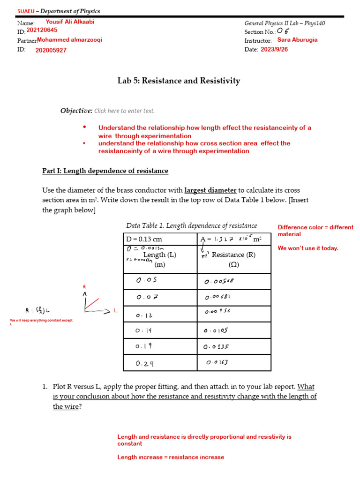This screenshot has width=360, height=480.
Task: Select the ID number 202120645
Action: point(42,30)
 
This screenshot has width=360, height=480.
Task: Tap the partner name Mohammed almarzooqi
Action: point(69,40)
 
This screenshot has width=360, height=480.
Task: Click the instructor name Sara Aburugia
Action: point(297,40)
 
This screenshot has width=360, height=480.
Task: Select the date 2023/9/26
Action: point(274,50)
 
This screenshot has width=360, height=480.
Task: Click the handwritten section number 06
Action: point(283,31)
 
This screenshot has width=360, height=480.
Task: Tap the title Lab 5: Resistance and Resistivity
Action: point(179,81)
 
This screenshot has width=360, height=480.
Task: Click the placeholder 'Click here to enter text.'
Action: point(124,111)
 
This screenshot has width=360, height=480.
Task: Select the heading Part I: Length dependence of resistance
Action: point(105,171)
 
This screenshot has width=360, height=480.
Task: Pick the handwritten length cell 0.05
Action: point(146,281)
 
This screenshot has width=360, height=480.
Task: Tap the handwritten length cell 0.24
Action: point(145,363)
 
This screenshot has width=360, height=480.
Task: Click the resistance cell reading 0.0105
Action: point(216,330)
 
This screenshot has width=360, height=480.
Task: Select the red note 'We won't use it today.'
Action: point(307,248)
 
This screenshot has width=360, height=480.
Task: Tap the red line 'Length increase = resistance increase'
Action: point(171,457)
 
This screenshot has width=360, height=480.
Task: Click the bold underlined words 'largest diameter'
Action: point(210,190)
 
